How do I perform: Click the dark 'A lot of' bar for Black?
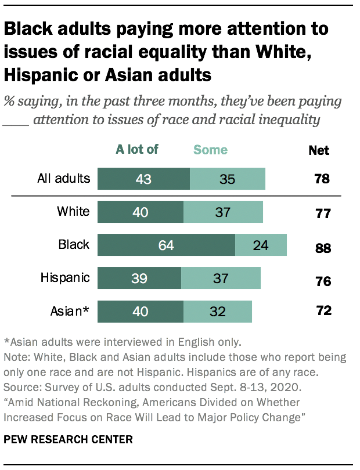pyautogui.click(x=166, y=245)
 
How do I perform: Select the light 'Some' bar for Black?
pyautogui.click(x=261, y=245)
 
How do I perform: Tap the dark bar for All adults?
pyautogui.click(x=143, y=179)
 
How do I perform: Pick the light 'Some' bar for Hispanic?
pyautogui.click(x=221, y=279)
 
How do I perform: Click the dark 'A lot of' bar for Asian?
pyautogui.click(x=141, y=312)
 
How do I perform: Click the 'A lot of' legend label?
pyautogui.click(x=137, y=150)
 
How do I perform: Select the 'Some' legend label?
pyautogui.click(x=210, y=150)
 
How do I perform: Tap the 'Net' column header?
pyautogui.click(x=319, y=151)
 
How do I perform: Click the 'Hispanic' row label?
pyautogui.click(x=65, y=278)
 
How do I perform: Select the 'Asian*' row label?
pyautogui.click(x=70, y=312)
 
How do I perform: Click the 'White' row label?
pyautogui.click(x=73, y=211)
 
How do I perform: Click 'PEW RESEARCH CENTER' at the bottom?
pyautogui.click(x=69, y=439)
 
